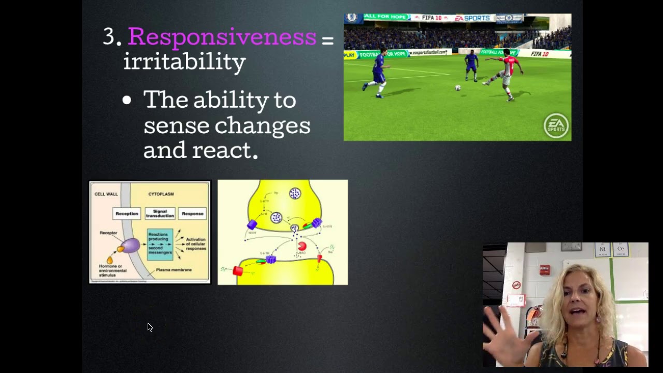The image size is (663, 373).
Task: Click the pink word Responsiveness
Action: point(222,37)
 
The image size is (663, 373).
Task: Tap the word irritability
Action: point(184,62)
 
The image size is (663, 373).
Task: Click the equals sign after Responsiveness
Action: point(327,40)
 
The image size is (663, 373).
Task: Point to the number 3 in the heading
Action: point(109,37)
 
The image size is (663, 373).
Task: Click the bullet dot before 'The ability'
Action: point(127,101)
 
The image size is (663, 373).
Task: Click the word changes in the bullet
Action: point(263,125)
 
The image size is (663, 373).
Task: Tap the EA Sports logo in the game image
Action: point(556,125)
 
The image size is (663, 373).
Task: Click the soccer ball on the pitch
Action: point(458,88)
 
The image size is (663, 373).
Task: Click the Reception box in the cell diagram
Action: point(127,213)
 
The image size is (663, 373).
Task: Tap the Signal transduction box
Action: point(160,213)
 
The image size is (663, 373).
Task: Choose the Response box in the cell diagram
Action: point(193,213)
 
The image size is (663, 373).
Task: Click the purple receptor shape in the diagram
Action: point(131,245)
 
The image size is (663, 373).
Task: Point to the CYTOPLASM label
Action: point(161,194)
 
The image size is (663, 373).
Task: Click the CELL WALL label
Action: point(106,194)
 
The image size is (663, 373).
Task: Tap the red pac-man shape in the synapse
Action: point(302,246)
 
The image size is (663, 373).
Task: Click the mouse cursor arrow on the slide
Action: point(150,327)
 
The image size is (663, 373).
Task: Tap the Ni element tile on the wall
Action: point(602,250)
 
